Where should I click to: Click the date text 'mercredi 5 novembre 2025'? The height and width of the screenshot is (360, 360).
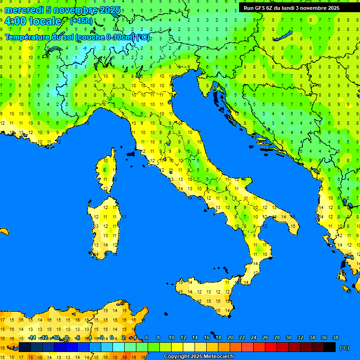click(x=63, y=10)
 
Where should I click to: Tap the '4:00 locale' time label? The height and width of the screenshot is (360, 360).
click(x=33, y=21)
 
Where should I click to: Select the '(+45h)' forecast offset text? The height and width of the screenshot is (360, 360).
click(x=81, y=21)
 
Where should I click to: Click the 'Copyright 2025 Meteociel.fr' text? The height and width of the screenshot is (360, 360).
click(x=199, y=357)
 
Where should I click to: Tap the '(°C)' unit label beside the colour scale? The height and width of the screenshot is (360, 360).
click(x=344, y=348)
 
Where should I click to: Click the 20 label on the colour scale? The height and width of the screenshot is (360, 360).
click(x=230, y=338)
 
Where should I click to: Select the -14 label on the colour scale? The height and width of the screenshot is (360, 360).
click(x=32, y=338)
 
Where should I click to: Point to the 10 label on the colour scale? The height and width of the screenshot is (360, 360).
click(x=172, y=338)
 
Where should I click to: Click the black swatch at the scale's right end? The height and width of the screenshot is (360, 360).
click(x=330, y=347)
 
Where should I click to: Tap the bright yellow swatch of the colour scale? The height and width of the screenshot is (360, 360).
click(x=177, y=347)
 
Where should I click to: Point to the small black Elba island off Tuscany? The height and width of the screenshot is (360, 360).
click(x=131, y=153)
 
